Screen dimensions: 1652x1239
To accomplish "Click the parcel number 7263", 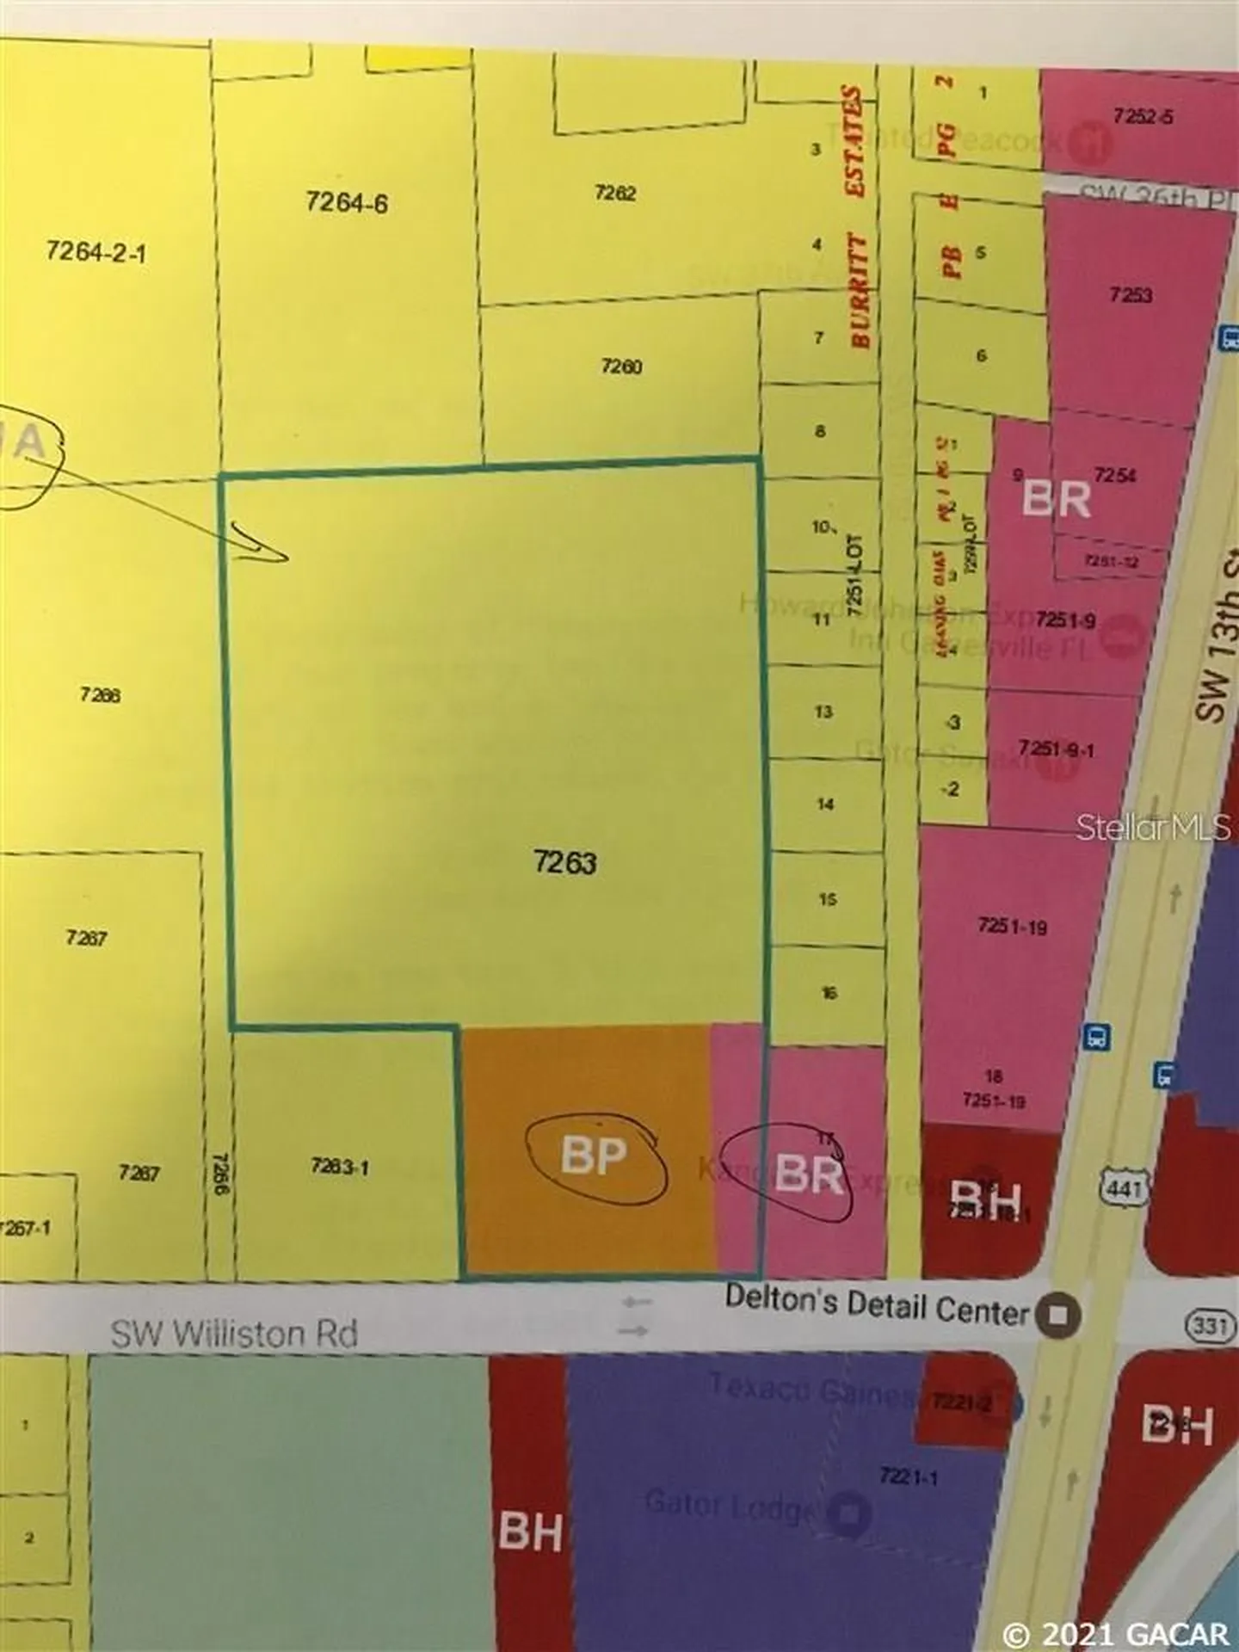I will [564, 861].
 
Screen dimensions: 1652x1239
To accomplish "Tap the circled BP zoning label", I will [593, 1156].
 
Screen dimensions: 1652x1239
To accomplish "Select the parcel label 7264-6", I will [346, 203].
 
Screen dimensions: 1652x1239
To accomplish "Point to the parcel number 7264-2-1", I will [96, 252].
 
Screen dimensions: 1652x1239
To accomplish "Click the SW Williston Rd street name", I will [234, 1333].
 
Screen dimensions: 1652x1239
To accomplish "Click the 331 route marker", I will [1209, 1325].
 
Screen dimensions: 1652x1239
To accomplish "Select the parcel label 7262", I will [615, 193].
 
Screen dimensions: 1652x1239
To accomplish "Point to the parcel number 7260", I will [621, 367].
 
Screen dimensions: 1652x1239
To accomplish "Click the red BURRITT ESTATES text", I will [860, 217].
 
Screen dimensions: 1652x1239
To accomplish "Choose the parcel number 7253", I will [1131, 295].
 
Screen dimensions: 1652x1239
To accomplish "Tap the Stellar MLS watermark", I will [1154, 828].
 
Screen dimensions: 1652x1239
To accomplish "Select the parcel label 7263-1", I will [340, 1167].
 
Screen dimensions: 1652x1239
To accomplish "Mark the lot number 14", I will [825, 804].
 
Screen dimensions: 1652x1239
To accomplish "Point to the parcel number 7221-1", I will [909, 1476].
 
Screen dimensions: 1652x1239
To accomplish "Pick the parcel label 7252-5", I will [1142, 116].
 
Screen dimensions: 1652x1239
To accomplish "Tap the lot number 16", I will [829, 993].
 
